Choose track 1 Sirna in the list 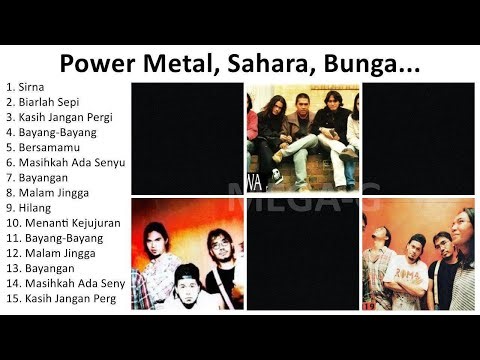pyautogui.click(x=31, y=88)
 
